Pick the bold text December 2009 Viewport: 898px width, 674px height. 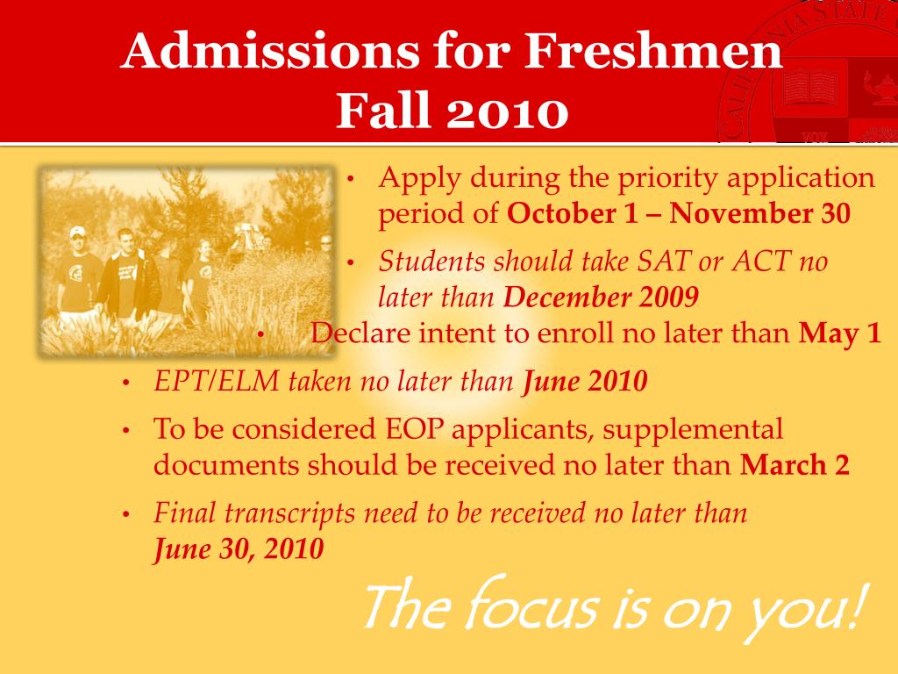click(601, 298)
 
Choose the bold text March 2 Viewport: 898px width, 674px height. click(795, 464)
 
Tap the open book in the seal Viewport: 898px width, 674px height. click(809, 87)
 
